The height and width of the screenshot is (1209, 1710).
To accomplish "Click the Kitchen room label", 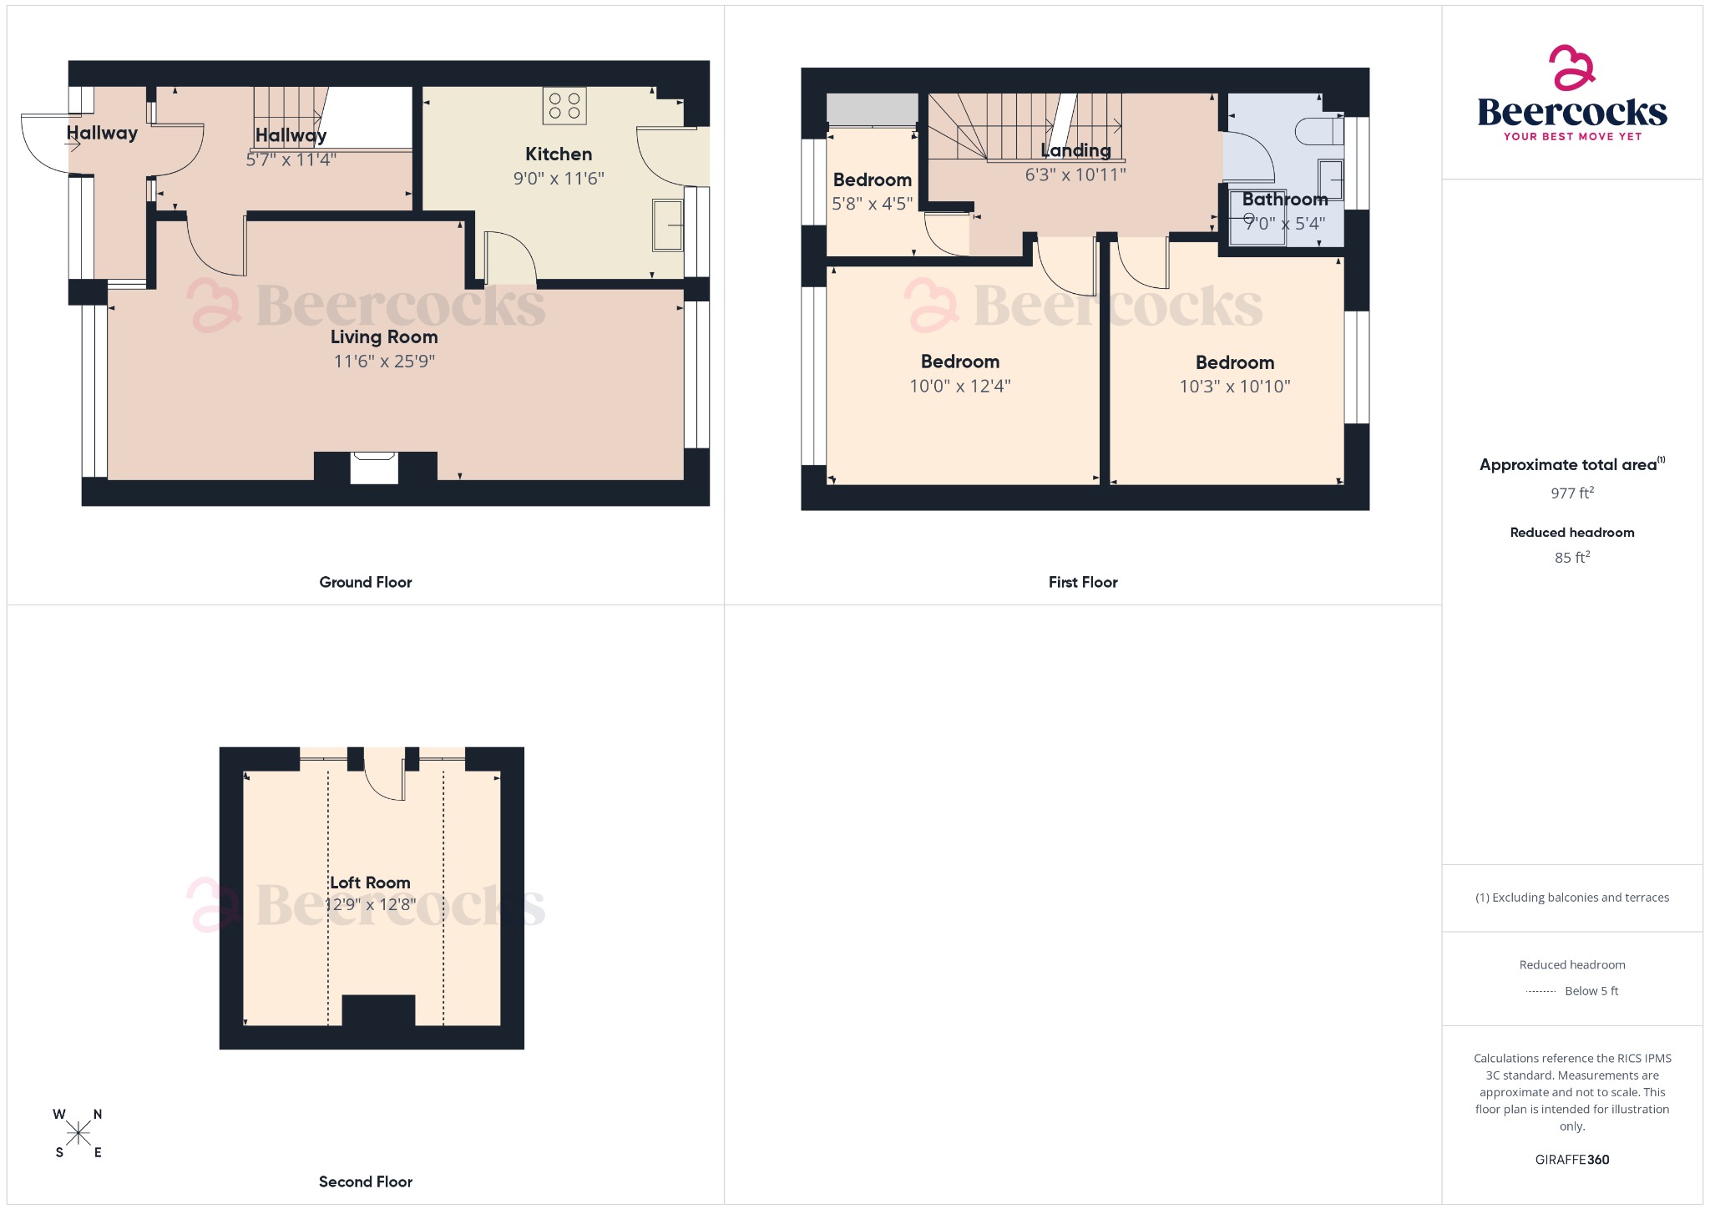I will coord(559,154).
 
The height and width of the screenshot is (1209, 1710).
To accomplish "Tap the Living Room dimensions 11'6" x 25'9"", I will coord(384,362).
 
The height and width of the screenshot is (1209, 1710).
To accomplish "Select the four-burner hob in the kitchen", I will coord(564,106).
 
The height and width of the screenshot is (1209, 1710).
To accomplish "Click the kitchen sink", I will coord(667,225).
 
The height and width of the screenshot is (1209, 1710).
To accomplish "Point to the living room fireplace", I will coord(374,468).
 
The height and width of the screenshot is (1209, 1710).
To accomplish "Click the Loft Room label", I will coord(370,883).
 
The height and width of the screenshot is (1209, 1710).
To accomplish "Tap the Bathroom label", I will coord(1284,200).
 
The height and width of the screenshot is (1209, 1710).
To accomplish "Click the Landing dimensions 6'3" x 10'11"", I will coord(1075,175).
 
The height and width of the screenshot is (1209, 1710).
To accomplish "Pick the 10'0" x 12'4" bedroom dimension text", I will coord(959,386).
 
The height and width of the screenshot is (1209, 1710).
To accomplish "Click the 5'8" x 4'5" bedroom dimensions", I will coord(872,204).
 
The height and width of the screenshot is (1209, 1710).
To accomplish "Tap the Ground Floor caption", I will coord(366,582).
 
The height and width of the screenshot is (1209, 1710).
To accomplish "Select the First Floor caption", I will coord(1083,582).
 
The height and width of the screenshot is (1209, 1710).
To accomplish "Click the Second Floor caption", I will coord(366,1181).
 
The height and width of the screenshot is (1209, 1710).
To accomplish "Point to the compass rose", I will coord(78,1133).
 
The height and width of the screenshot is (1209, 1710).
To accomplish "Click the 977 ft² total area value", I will coord(1572,493).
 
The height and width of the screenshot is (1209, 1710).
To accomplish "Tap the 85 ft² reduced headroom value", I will coord(1572,557).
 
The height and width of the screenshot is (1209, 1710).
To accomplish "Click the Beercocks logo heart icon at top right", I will coord(1571,68).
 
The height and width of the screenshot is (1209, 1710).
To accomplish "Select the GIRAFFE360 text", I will coord(1572,1159).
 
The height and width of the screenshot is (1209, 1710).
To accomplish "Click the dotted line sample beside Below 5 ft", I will coord(1541,991).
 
